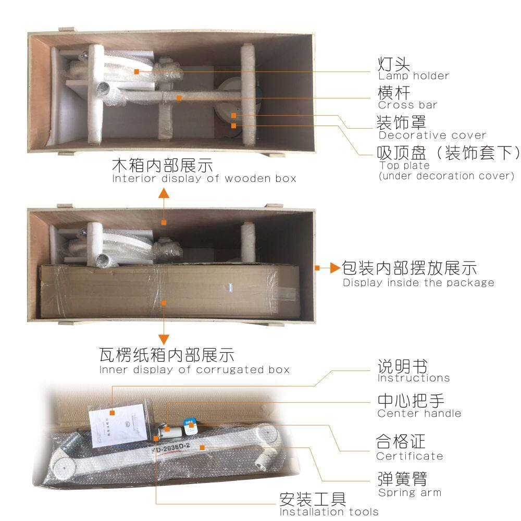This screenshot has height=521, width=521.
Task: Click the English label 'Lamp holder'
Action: click(x=414, y=76)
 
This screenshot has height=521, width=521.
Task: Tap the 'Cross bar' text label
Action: click(x=408, y=105)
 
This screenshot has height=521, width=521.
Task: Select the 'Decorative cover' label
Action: click(x=432, y=135)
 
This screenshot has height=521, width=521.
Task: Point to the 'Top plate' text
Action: click(x=404, y=166)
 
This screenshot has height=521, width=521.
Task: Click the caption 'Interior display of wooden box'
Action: click(x=204, y=178)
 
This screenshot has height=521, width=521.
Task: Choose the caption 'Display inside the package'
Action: click(x=419, y=282)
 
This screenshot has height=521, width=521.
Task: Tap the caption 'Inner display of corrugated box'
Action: click(x=194, y=369)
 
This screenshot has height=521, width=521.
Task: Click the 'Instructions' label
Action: click(x=414, y=378)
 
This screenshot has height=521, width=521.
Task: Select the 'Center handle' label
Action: click(x=419, y=413)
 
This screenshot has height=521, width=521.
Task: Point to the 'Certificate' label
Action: click(x=410, y=456)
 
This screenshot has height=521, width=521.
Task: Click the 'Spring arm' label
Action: click(x=410, y=492)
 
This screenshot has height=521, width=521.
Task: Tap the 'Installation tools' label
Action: click(x=329, y=512)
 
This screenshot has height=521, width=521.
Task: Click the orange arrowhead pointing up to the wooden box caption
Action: click(x=164, y=193)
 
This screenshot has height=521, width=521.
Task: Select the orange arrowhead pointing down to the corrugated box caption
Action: click(x=164, y=340)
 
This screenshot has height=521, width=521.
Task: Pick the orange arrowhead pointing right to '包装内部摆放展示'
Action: click(x=336, y=268)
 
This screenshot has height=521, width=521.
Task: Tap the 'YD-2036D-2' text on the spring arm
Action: click(x=171, y=448)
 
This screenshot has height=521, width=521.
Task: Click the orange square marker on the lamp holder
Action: click(x=137, y=71)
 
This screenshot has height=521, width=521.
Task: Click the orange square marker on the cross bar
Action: click(x=179, y=98)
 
